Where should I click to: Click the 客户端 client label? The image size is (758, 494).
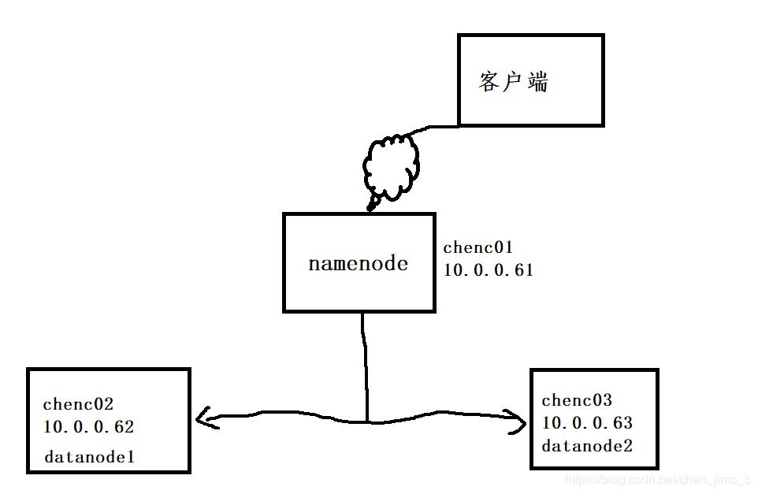coord(513,82)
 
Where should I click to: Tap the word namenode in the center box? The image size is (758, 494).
coord(358,263)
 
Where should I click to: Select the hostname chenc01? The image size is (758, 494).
coord(478,248)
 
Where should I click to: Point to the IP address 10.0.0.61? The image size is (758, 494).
coord(489,270)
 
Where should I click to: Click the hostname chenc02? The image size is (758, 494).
coord(78,404)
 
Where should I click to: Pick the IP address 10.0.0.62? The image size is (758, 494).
coord(89,427)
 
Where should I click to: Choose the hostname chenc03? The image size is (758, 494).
coord(577,400)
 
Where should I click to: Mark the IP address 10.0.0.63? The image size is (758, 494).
coord(587,423)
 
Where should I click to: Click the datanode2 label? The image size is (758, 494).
coord(587,446)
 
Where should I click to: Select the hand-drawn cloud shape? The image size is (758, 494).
coord(389,166)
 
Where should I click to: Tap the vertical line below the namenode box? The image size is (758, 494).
coord(364,362)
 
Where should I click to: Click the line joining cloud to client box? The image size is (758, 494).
coord(436,127)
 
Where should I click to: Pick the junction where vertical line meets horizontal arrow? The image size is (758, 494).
coord(367,420)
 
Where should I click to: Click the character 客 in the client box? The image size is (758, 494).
coord(489,82)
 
